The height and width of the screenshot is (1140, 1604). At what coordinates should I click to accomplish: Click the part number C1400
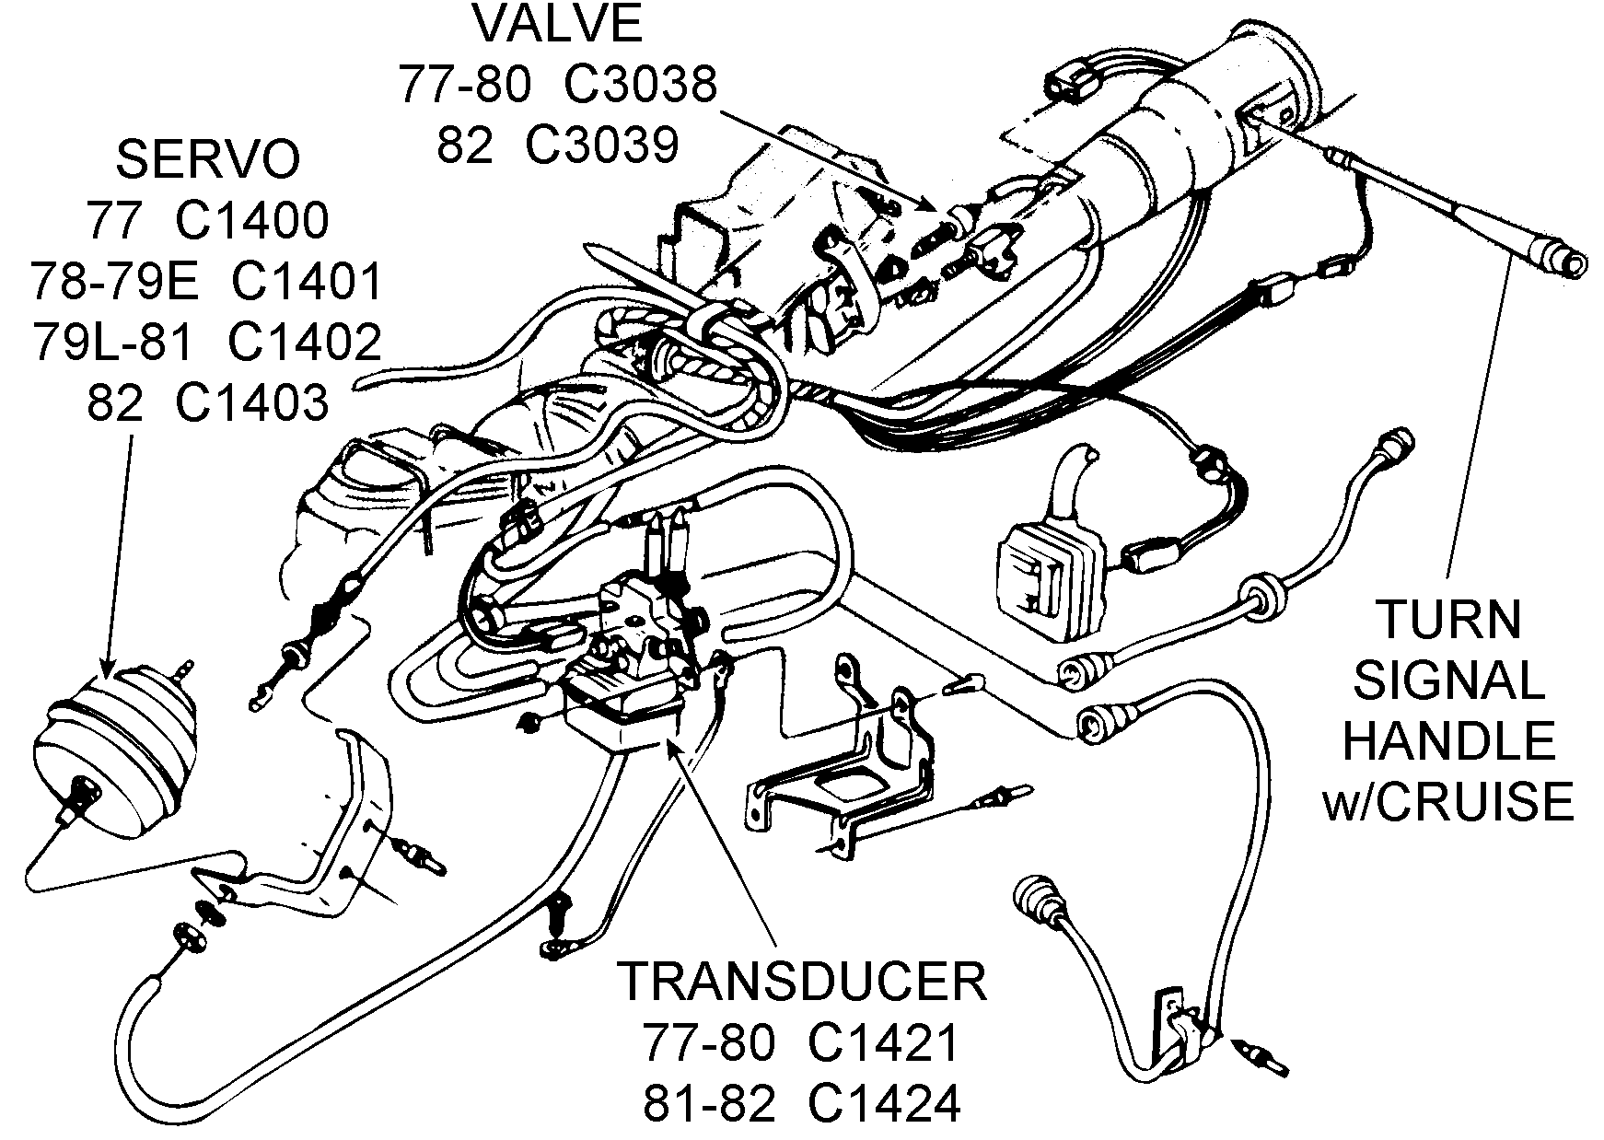point(251,221)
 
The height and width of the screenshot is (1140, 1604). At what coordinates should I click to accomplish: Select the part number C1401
point(306,282)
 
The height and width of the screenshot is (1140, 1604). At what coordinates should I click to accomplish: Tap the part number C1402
point(303,343)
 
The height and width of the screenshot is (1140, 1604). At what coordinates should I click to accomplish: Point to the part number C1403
point(251,403)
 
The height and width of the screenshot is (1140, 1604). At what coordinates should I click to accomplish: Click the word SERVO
point(207,159)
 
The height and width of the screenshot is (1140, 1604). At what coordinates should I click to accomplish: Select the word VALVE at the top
point(557,25)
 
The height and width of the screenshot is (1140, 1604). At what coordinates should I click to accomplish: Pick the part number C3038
point(639,86)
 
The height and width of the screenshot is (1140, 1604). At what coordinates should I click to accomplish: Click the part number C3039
point(601,145)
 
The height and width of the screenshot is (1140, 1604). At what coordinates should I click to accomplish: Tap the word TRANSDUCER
point(801,982)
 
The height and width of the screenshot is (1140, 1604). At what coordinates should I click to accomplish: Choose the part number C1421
point(884,1042)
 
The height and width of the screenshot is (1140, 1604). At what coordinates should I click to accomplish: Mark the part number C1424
point(884,1103)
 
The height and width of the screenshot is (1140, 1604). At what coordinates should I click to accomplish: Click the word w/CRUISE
point(1447,802)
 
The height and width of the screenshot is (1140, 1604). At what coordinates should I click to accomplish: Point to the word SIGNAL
point(1448,681)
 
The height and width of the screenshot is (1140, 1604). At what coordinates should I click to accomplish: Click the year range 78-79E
point(114,282)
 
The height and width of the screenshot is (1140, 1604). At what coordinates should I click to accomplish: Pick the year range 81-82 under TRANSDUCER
point(708,1103)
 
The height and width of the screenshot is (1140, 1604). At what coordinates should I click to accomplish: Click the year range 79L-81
point(112,343)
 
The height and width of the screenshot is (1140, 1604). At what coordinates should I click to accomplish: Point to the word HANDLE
point(1448,741)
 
